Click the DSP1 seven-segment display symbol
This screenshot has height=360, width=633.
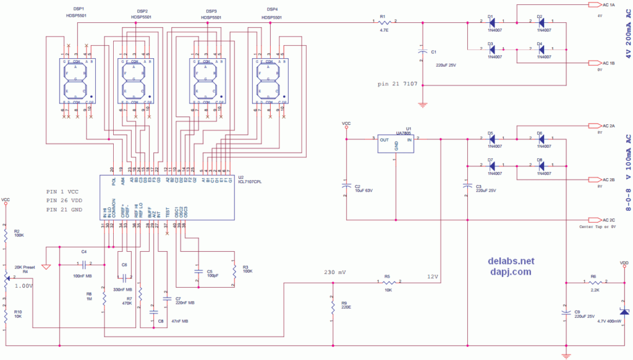77,81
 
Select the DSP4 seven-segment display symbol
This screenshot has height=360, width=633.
268,81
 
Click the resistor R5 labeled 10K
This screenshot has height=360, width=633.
388,283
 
